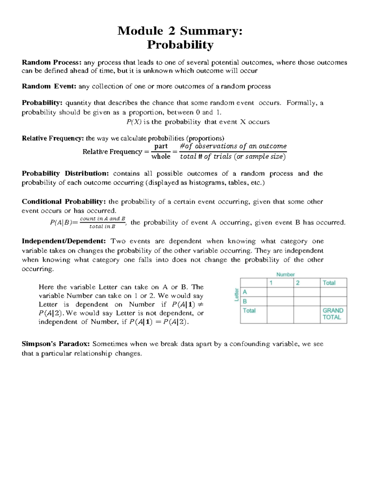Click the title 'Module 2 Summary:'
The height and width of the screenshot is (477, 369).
180,31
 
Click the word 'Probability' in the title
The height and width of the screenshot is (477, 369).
180,45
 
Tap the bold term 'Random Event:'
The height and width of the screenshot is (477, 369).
49,86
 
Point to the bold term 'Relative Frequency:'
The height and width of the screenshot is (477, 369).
53,139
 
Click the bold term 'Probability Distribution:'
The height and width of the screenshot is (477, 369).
65,174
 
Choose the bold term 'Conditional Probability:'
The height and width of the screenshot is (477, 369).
64,202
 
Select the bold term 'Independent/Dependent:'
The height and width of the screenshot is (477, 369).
64,241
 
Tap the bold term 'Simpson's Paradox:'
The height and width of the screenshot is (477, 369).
56,344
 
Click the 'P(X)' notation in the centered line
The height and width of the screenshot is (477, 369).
134,122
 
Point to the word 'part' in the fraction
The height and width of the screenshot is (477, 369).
161,146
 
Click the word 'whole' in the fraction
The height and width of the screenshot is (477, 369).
161,157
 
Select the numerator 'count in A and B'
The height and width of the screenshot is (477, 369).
102,219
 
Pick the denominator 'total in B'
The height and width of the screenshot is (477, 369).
102,227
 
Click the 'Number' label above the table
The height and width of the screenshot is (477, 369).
285,275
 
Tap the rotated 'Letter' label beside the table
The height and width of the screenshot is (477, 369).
236,295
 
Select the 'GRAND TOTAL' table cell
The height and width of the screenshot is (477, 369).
333,314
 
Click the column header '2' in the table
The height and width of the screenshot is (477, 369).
298,283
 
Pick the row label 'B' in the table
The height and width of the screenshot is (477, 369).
245,301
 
